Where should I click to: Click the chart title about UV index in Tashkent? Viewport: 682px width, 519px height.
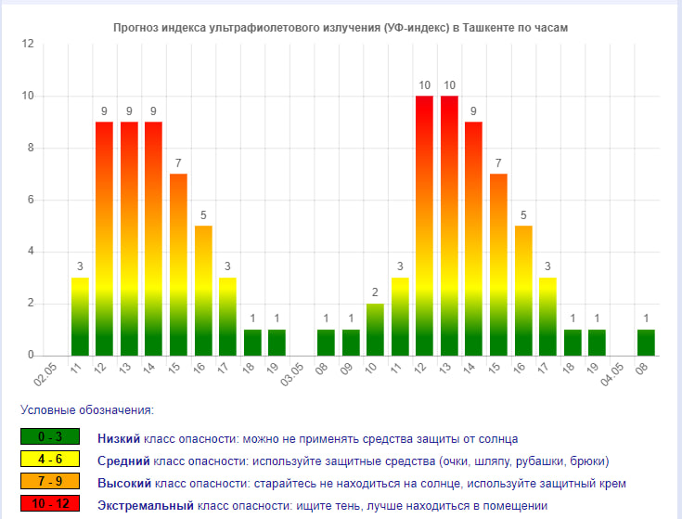341,28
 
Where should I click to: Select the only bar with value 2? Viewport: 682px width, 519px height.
375,330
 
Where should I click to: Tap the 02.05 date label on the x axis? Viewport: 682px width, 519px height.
46,375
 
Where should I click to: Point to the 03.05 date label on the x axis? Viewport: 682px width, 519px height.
292,375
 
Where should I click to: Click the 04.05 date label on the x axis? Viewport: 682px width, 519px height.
612,375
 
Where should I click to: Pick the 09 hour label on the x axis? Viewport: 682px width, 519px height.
348,370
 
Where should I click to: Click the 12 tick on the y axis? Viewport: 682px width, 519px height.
28,45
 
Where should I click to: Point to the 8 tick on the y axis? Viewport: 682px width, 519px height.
31,148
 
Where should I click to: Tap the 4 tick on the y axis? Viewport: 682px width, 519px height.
31,252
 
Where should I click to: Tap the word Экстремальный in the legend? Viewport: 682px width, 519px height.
146,505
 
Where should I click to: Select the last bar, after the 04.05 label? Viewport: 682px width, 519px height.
646,343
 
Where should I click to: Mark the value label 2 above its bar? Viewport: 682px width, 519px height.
375,292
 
